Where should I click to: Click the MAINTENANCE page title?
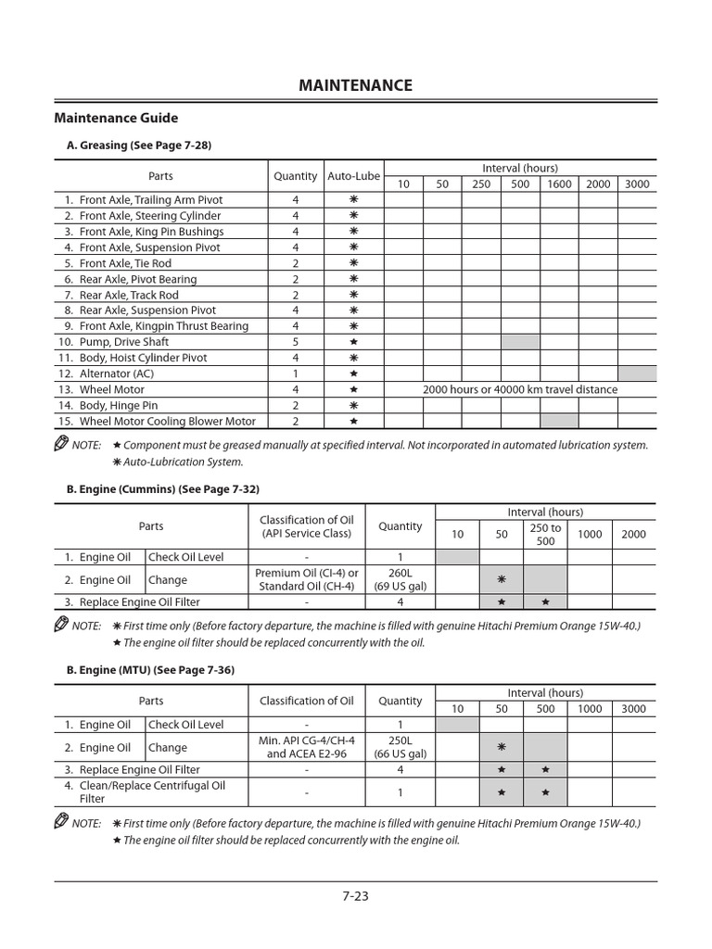pos(356,85)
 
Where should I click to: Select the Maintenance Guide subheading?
pos(116,118)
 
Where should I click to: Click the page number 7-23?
pos(356,895)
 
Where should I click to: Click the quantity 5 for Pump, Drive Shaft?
pos(295,342)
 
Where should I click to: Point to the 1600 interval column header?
pos(559,183)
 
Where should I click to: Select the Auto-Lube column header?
pos(353,176)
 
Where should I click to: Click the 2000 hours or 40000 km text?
pos(520,389)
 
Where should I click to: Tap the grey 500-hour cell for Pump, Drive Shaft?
pos(520,342)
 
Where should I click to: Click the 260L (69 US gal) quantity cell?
pos(400,580)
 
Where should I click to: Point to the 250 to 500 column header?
pos(545,534)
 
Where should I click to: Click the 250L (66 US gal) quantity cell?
pos(400,748)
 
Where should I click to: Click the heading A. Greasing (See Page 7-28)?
pos(140,146)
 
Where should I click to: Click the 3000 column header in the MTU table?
pos(634,709)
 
